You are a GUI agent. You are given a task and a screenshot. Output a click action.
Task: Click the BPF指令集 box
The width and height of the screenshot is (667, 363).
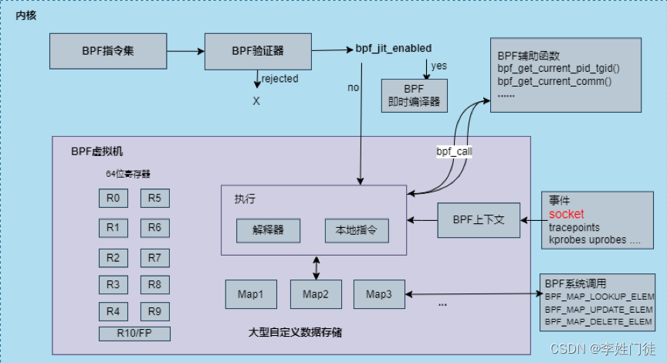(x=108, y=51)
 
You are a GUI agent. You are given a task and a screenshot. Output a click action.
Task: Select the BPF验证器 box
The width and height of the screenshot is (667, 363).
(x=257, y=51)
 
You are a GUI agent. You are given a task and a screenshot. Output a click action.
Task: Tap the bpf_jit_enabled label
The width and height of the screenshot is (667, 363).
(x=393, y=48)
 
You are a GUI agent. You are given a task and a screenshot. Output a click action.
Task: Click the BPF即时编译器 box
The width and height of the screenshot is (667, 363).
(x=415, y=94)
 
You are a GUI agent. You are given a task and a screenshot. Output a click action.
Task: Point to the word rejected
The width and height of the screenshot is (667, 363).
(x=279, y=79)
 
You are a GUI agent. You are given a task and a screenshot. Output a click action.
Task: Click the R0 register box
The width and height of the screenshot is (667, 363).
(x=113, y=198)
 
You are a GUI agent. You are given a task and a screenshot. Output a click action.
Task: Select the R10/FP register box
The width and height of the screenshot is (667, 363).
(x=134, y=334)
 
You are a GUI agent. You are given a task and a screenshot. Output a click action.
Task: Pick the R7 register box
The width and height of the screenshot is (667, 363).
(x=154, y=256)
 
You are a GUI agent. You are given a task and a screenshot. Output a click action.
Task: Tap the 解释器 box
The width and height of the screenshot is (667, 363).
(x=268, y=230)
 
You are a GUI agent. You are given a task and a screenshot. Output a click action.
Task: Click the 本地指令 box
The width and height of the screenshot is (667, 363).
(x=356, y=230)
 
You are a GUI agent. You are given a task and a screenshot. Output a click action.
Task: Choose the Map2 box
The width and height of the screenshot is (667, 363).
(x=316, y=294)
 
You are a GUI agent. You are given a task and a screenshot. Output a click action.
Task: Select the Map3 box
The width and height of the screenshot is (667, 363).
(x=379, y=294)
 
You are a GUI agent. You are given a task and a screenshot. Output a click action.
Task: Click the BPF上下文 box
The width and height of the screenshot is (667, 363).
(x=479, y=220)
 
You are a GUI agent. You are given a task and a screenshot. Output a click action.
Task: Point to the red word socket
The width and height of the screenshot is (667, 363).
(x=566, y=214)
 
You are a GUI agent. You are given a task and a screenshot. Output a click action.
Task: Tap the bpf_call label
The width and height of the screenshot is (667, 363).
(x=454, y=152)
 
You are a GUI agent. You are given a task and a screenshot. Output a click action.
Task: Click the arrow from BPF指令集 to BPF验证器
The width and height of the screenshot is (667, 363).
(x=185, y=51)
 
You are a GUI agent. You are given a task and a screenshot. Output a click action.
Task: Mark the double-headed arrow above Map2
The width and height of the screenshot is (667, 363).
(x=316, y=267)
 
